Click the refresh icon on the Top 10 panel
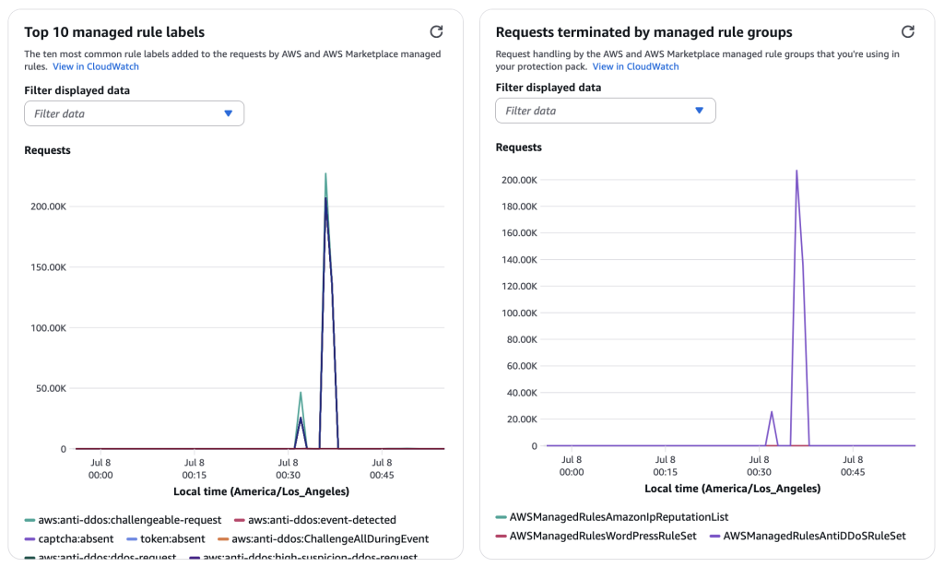click(x=436, y=31)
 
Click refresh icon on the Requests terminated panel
click(x=908, y=31)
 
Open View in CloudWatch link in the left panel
click(x=96, y=66)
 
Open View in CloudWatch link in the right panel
click(x=635, y=66)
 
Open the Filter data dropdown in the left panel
click(x=134, y=113)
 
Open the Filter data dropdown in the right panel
click(x=605, y=111)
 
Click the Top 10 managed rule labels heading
click(x=114, y=32)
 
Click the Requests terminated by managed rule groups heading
click(x=643, y=32)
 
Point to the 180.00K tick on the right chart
click(x=518, y=207)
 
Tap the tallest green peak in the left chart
click(x=325, y=174)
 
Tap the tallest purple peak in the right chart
click(x=796, y=171)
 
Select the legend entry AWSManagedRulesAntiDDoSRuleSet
click(x=814, y=535)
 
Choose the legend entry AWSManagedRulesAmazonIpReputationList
click(x=619, y=517)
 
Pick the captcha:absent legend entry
click(x=72, y=538)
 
